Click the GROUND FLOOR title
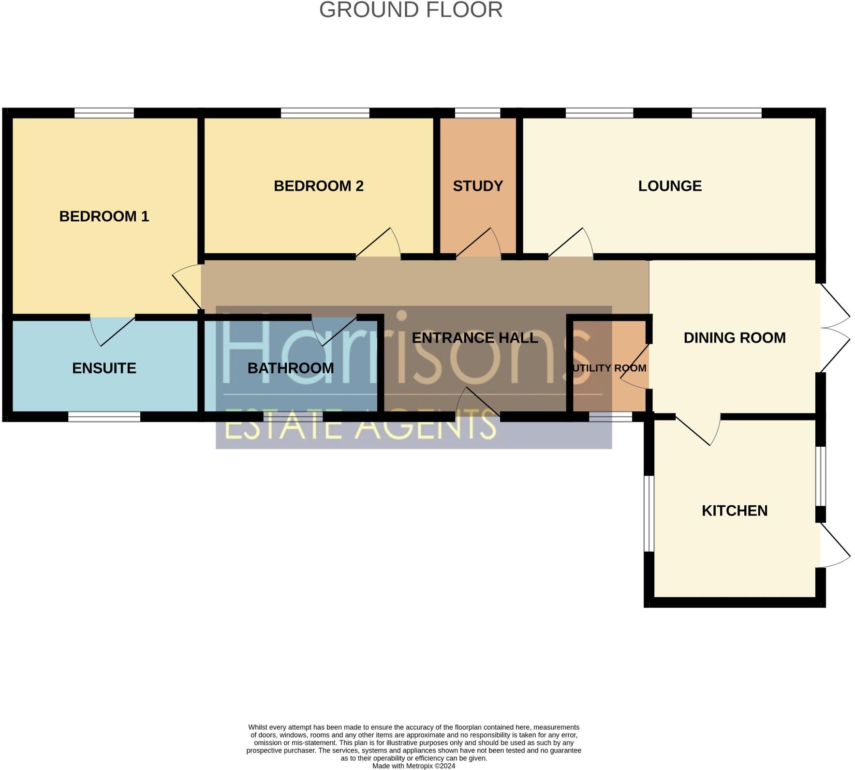tap(411, 10)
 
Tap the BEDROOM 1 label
tap(104, 216)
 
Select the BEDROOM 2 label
tap(318, 186)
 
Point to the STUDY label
tap(478, 186)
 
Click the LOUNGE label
tap(670, 186)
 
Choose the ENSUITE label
tap(104, 368)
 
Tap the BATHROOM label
tap(291, 368)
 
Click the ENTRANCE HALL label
tap(475, 338)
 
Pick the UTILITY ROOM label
tap(608, 368)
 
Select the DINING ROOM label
tap(734, 338)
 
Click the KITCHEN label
tap(734, 511)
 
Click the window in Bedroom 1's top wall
tap(104, 113)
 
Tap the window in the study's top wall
tap(477, 113)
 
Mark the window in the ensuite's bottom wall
tap(104, 417)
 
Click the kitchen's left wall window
tap(649, 513)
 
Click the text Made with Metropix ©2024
tap(413, 766)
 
